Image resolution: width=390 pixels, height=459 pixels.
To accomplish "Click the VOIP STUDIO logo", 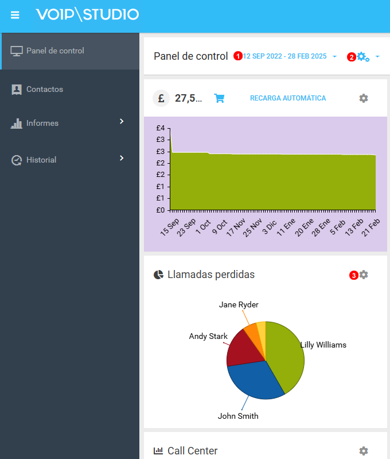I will coord(87,14).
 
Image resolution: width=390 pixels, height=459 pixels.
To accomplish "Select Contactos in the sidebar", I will coord(44,90).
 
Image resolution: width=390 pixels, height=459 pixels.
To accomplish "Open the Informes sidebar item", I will coord(42,124).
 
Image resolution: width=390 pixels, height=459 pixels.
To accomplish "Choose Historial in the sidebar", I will coord(41,160).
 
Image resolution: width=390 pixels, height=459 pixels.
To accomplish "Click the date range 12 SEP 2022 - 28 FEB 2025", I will coord(285,56).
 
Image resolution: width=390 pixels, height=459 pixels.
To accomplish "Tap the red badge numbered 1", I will coord(238,56).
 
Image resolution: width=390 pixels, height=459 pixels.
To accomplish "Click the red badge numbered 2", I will coord(352,57).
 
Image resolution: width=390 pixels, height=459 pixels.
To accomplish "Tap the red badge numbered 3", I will coord(354,275).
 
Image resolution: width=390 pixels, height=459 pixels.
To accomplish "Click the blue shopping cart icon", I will coord(219,98).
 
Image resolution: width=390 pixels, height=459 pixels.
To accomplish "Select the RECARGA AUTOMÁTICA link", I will coord(288,98).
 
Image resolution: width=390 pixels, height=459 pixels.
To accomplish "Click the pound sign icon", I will coord(161,98).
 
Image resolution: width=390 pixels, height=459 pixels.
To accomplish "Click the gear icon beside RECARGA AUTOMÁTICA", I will coord(363,98).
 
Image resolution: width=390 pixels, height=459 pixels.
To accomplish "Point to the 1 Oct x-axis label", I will coord(202,226).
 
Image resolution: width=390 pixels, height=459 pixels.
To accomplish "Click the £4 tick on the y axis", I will coord(161,128).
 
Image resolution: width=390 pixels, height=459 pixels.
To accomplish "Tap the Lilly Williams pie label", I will coord(323,345).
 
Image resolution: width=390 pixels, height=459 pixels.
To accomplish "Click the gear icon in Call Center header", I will coord(363,451).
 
